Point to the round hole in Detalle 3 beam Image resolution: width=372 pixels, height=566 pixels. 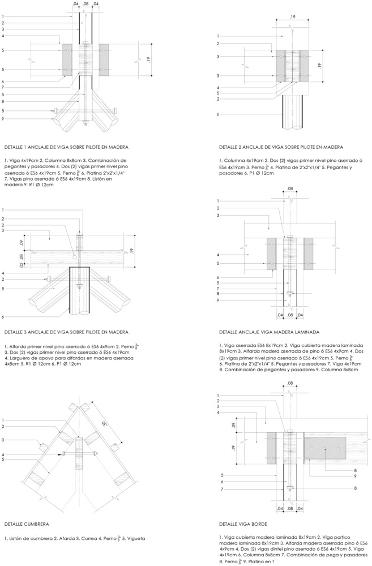click(x=75, y=257)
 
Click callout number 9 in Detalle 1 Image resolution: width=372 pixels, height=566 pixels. click(x=3, y=119)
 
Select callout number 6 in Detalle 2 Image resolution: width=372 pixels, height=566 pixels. click(x=218, y=114)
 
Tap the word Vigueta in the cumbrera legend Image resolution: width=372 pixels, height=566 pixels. click(x=130, y=538)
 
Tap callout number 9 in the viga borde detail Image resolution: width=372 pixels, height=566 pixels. click(x=354, y=476)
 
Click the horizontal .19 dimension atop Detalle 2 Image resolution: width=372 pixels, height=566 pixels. click(x=292, y=18)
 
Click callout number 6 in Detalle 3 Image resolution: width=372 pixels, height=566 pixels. click(x=3, y=317)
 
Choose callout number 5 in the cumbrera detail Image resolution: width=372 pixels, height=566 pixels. click(x=3, y=460)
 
